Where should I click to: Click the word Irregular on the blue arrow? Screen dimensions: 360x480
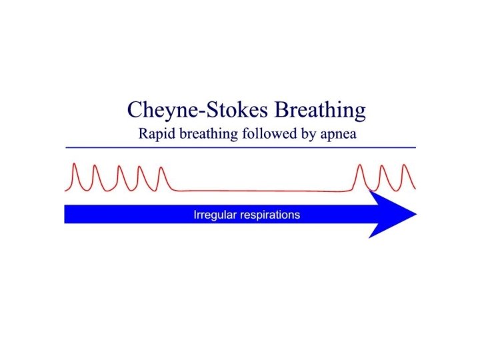[213, 215]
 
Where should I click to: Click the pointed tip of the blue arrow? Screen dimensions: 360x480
[415, 214]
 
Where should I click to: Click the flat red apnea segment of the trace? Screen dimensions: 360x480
[260, 191]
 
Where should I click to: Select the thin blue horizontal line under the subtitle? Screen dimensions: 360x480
[240, 147]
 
